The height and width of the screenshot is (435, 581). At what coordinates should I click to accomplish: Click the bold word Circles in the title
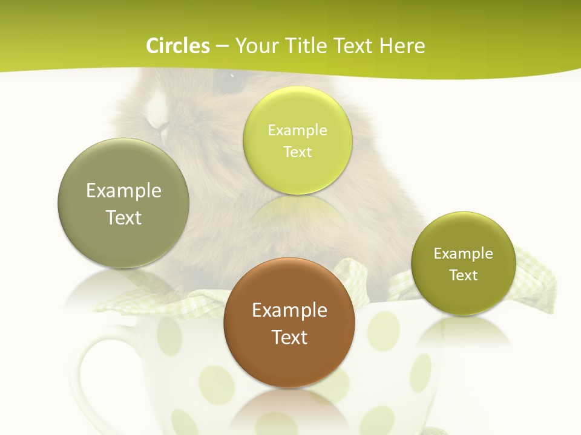[x=178, y=46]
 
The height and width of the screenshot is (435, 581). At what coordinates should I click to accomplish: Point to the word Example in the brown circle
[x=289, y=311]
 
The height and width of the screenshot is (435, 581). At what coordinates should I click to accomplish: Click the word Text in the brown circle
[x=289, y=337]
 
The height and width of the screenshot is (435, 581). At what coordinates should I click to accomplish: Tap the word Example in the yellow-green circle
[x=298, y=130]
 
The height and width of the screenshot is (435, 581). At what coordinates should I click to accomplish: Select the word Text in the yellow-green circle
[x=298, y=152]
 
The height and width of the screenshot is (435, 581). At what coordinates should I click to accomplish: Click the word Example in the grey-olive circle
[x=123, y=191]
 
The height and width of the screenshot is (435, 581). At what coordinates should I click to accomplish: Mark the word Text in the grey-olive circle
[x=123, y=217]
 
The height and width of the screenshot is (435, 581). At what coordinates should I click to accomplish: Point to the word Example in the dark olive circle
[x=464, y=254]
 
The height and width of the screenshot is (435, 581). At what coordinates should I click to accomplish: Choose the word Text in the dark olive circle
[x=464, y=275]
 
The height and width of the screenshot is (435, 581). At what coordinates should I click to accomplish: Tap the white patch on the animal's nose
[x=159, y=111]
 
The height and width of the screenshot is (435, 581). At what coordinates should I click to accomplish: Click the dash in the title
[x=222, y=47]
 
